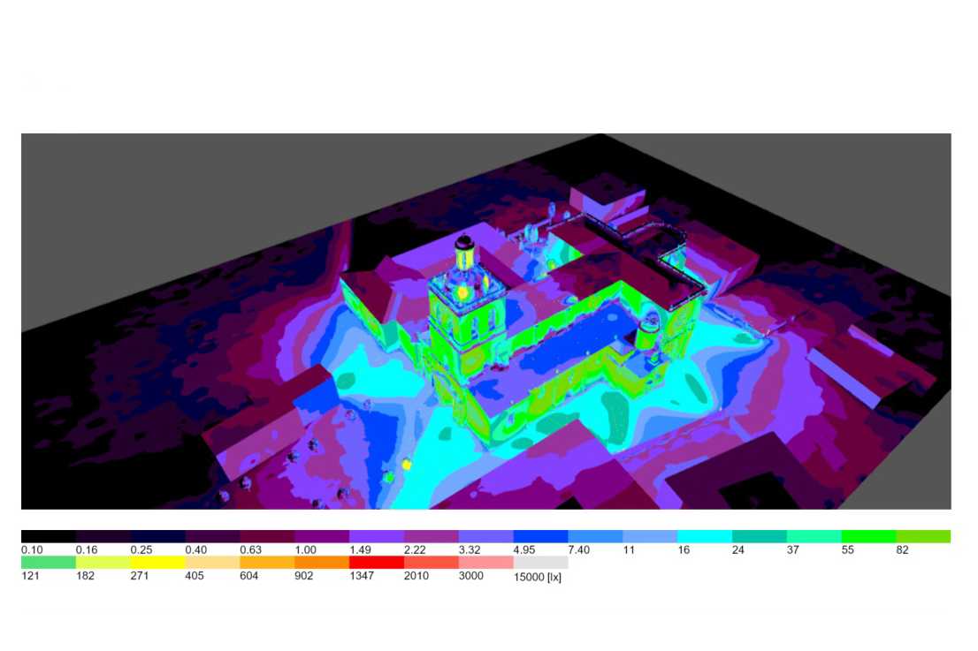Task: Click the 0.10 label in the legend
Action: pos(32,550)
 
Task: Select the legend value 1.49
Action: pos(360,550)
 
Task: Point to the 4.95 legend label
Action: pos(523,550)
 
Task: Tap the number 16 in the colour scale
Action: pos(684,550)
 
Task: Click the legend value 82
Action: pos(902,550)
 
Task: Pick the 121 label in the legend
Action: pos(30,576)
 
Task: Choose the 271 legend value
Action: pos(140,576)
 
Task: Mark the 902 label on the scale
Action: pos(304,576)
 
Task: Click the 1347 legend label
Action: pos(362,576)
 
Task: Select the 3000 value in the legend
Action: pos(471,576)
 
